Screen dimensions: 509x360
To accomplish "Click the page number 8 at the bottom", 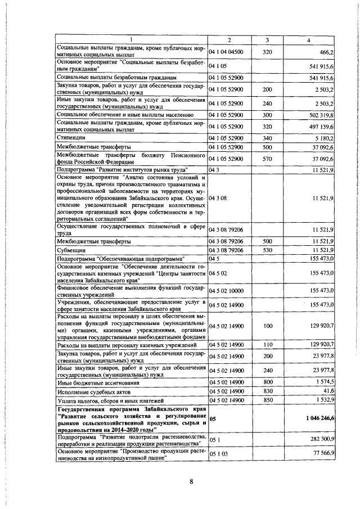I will [x=191, y=481].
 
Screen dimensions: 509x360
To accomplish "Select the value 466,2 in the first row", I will [x=327, y=52].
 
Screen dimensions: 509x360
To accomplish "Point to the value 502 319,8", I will [x=322, y=114].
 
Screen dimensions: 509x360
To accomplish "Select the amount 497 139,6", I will [x=322, y=125].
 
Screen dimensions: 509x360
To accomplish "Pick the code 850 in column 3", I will [x=267, y=399].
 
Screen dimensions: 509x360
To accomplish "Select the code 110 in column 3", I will [x=267, y=344].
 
